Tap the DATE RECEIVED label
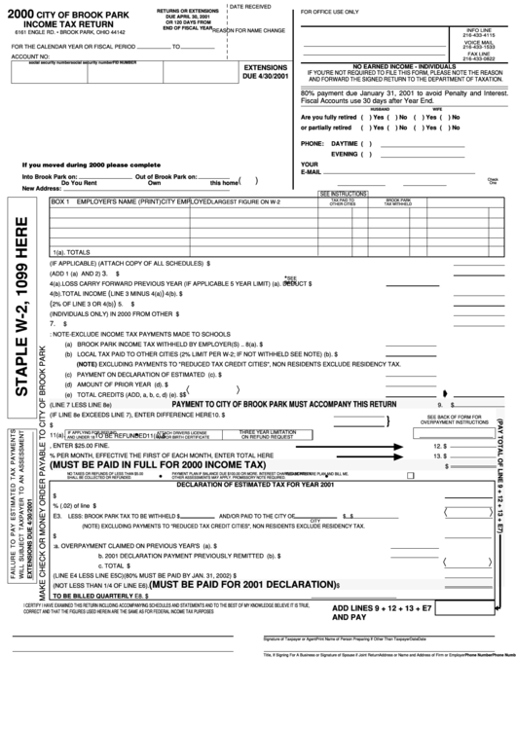tap(250, 7)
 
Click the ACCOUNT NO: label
tap(29, 57)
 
